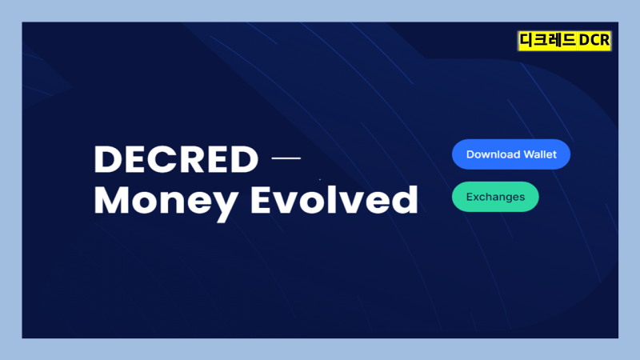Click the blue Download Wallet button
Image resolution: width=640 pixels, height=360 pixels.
(511, 154)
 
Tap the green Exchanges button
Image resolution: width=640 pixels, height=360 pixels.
(495, 197)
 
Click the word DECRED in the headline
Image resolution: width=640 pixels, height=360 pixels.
(176, 158)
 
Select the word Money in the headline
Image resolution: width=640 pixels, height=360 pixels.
(166, 203)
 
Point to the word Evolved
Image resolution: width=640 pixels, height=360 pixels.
(334, 199)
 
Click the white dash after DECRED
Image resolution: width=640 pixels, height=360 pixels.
(286, 158)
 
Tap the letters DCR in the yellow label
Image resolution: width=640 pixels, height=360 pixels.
(594, 40)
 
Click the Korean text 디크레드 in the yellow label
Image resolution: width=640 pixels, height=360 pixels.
(547, 40)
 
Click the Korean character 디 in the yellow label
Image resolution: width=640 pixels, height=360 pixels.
(526, 40)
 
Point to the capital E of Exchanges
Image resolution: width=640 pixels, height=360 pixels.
(470, 197)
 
